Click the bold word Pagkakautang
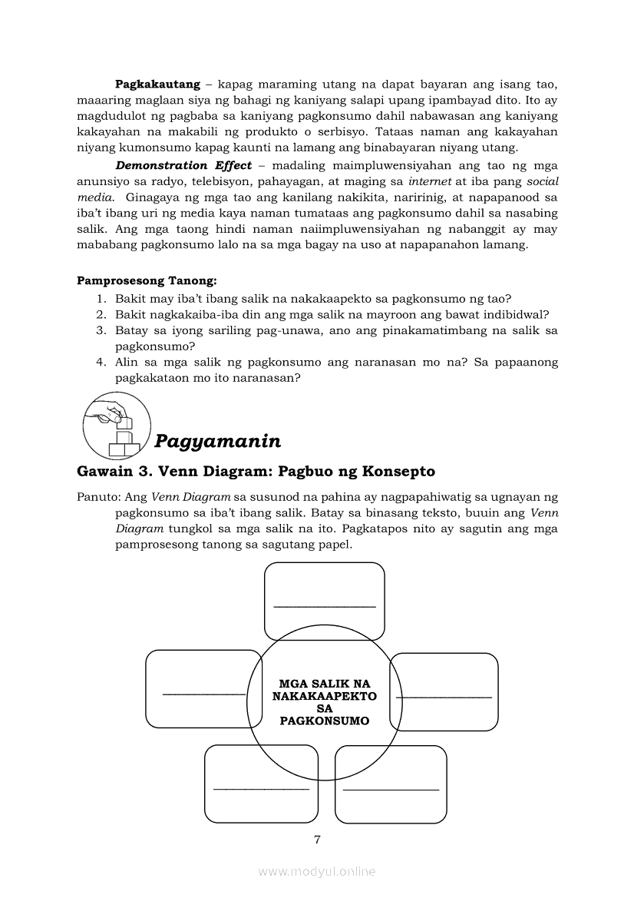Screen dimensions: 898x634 click(157, 83)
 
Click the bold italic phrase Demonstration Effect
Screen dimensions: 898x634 click(183, 165)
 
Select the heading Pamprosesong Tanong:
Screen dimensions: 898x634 click(147, 282)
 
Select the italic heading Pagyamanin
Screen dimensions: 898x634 click(217, 441)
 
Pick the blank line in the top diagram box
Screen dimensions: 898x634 click(325, 606)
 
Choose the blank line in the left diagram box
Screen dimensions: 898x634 click(203, 694)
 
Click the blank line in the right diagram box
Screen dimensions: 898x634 click(444, 697)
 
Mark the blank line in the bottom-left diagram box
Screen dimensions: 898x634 click(261, 788)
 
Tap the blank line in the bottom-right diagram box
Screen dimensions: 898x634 click(391, 789)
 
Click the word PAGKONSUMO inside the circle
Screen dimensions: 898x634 click(325, 721)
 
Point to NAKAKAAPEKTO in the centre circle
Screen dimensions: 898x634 click(325, 696)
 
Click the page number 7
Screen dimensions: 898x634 click(317, 839)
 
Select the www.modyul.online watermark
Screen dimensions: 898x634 click(317, 871)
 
